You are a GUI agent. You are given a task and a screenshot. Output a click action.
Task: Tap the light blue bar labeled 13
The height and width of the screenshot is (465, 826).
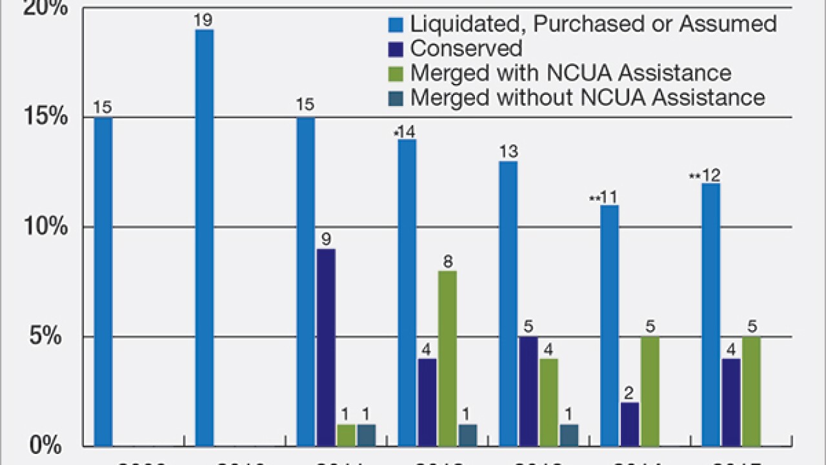(x=508, y=304)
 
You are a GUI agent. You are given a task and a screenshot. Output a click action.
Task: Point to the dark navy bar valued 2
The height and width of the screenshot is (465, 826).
(x=630, y=424)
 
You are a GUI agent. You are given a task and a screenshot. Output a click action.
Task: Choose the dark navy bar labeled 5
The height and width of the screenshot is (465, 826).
(x=529, y=391)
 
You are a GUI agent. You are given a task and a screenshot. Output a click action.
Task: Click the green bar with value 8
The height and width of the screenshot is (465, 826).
(x=447, y=358)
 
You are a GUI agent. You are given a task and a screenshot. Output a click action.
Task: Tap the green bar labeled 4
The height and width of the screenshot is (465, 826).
(x=549, y=402)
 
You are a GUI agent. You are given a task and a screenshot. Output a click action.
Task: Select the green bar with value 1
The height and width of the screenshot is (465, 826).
(x=346, y=435)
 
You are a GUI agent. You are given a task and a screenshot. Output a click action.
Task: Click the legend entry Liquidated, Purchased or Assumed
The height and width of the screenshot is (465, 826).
(x=581, y=24)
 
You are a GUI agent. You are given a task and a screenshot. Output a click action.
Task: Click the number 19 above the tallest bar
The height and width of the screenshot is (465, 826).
(x=204, y=21)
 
